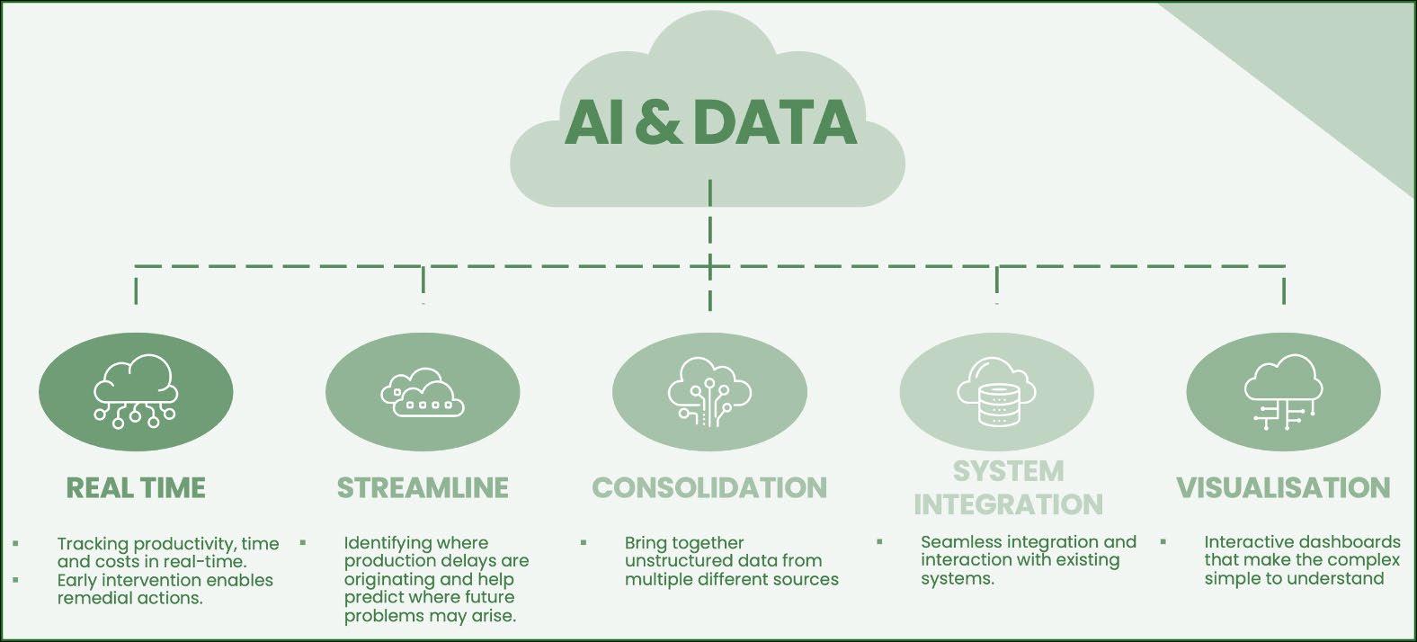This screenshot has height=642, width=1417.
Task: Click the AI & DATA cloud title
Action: point(710,122)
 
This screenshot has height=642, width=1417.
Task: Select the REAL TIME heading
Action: point(136,488)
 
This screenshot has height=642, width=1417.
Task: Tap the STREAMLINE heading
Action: point(423,488)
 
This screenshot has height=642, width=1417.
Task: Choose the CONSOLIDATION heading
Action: point(709,488)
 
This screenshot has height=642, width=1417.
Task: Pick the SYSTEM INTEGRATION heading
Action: point(1008,487)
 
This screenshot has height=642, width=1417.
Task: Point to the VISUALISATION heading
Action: point(1283,488)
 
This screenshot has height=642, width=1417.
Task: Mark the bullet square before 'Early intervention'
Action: point(16,580)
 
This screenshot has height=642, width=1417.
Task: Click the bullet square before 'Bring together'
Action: point(584,543)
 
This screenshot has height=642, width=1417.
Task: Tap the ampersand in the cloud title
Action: point(657,123)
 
